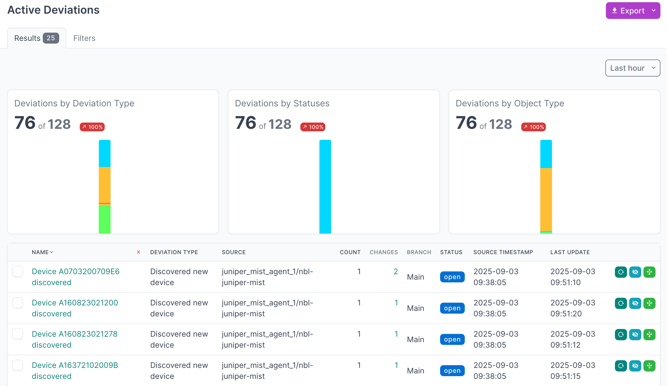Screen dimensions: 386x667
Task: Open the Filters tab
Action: click(84, 38)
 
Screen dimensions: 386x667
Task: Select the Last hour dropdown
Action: click(632, 68)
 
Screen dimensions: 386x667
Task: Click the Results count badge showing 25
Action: click(51, 38)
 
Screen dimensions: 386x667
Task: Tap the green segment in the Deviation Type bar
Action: click(104, 219)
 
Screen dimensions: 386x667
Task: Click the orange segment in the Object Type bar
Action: click(546, 199)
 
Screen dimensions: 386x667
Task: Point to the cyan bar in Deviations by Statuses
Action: click(325, 186)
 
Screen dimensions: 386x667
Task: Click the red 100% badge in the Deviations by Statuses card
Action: click(313, 127)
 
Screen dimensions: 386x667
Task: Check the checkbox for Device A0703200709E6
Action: click(18, 271)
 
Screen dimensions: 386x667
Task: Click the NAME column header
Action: click(40, 252)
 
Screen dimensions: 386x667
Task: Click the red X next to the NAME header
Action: click(138, 252)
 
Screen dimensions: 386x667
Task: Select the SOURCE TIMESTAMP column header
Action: click(503, 252)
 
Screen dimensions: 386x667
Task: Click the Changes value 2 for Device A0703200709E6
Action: click(396, 271)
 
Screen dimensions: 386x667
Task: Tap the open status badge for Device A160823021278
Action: click(452, 339)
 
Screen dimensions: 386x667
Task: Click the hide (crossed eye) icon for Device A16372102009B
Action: click(635, 366)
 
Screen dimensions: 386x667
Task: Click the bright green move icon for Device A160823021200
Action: click(649, 303)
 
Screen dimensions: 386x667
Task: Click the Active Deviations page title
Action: click(53, 10)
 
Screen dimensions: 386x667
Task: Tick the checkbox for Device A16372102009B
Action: click(18, 365)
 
